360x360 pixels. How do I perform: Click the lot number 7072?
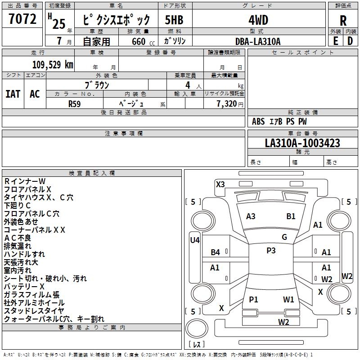point(22,19)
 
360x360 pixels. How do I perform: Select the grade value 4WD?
point(258,20)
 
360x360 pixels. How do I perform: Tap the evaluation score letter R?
point(343,21)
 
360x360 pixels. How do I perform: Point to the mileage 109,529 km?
point(53,64)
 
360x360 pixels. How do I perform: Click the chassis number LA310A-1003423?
point(302,143)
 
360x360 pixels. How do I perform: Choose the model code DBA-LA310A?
point(258,41)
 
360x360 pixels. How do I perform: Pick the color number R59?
point(74,104)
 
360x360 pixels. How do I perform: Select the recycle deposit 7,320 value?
point(227,104)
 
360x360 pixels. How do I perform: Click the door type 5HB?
point(174,20)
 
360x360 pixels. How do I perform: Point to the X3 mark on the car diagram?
point(220,184)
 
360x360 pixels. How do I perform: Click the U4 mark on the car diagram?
point(195,240)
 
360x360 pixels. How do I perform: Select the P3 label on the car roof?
point(271,251)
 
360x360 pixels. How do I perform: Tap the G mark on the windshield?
point(284,237)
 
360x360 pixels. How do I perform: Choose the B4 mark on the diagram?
point(216,252)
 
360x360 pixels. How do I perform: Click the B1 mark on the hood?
point(291,216)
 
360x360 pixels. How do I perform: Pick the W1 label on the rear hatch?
point(288,300)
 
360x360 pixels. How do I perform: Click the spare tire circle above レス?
point(197,329)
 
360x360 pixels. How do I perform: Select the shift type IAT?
point(13,94)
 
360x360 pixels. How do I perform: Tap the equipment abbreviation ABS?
point(258,121)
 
